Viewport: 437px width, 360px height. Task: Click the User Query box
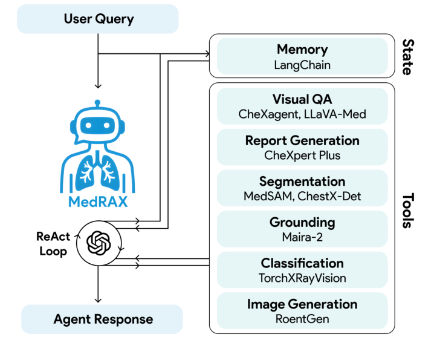[x=98, y=19]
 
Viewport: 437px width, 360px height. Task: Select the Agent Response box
[x=103, y=319]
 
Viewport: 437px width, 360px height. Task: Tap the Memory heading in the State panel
[x=302, y=49]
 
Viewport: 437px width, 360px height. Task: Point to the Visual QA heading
[x=302, y=99]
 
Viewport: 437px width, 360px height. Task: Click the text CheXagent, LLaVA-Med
[x=302, y=114]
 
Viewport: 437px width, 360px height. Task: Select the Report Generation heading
[x=302, y=140]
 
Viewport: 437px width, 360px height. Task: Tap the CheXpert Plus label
[x=302, y=155]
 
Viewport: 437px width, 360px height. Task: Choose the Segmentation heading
[x=302, y=182]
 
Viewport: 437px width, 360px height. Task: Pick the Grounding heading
[x=302, y=223]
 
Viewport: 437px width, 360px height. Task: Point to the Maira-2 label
[x=302, y=237]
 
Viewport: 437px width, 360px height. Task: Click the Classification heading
[x=302, y=263]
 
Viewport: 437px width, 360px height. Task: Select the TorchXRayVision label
[x=302, y=278]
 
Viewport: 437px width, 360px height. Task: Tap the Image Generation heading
[x=302, y=304]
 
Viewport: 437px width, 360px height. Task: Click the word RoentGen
[x=302, y=318]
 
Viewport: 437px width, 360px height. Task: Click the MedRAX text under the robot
[x=98, y=201]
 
